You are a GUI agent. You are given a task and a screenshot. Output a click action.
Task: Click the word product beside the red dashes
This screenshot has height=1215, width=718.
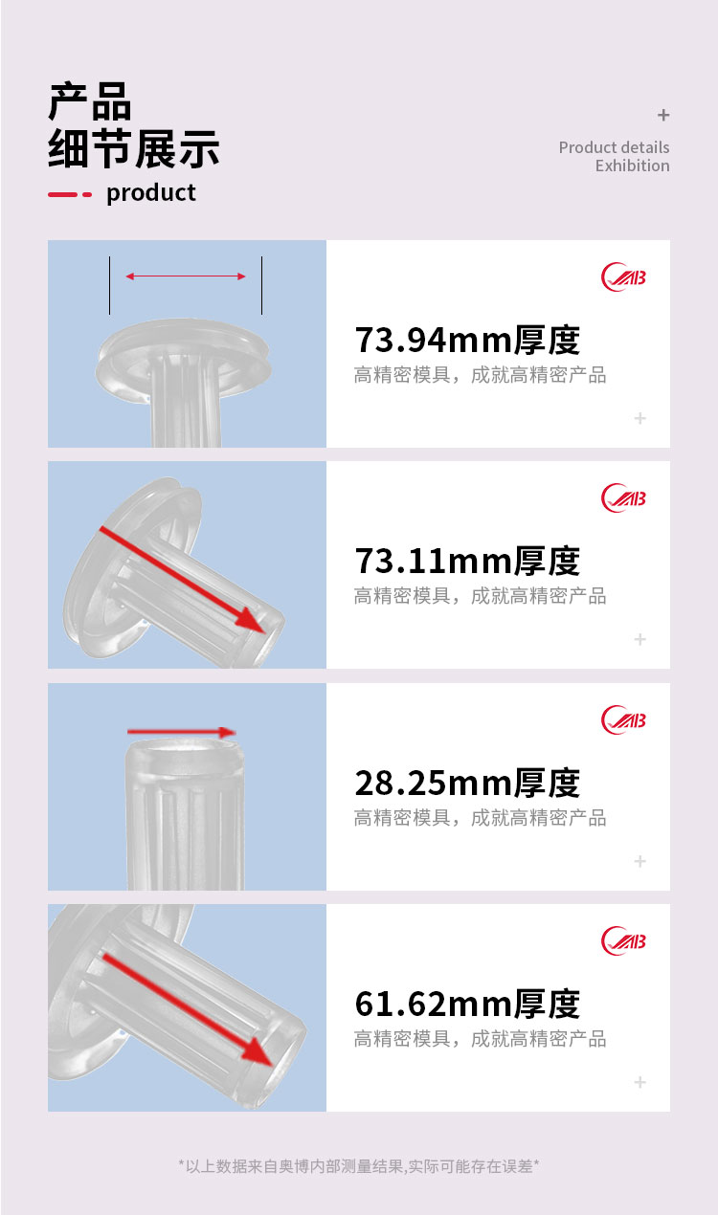(151, 193)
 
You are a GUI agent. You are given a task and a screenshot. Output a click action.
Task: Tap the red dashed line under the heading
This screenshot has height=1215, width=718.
(70, 194)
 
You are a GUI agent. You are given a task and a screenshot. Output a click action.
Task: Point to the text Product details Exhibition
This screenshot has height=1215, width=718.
(614, 156)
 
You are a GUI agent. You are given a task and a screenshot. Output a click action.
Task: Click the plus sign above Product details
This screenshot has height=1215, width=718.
(663, 115)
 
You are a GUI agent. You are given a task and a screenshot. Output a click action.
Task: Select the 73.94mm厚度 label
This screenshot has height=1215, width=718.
(467, 340)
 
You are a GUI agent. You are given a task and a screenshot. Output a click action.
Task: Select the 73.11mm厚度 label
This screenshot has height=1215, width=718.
(467, 561)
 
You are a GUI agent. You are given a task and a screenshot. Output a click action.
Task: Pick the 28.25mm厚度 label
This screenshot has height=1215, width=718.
(467, 783)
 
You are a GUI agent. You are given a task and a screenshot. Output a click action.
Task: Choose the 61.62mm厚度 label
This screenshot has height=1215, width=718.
(467, 1004)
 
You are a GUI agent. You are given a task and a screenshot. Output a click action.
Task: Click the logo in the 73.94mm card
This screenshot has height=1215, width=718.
(623, 277)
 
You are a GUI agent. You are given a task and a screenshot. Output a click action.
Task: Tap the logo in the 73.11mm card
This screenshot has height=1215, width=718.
(623, 497)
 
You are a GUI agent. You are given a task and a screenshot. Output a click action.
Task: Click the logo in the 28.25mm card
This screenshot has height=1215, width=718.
(623, 719)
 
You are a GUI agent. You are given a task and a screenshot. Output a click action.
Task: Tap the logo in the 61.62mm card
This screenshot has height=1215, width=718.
(623, 941)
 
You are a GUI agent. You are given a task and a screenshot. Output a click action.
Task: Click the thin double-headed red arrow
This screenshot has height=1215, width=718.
(186, 276)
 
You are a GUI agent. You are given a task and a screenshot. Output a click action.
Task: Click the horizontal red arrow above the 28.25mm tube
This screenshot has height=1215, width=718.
(181, 732)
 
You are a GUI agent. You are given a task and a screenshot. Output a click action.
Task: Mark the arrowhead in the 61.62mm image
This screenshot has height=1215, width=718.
(258, 1051)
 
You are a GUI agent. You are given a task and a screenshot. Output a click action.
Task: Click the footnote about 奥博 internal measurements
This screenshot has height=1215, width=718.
(359, 1165)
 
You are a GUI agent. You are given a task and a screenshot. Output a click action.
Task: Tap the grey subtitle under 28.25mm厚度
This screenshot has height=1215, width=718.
(480, 817)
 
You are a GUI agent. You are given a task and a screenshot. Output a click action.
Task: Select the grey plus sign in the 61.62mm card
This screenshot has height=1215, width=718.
(639, 1082)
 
